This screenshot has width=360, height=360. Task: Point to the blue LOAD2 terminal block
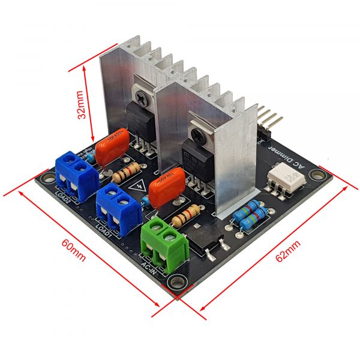click(77, 172)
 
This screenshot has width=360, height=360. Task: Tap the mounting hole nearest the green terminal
click(178, 281)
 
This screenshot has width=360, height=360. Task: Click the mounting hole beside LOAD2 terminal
click(46, 178)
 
